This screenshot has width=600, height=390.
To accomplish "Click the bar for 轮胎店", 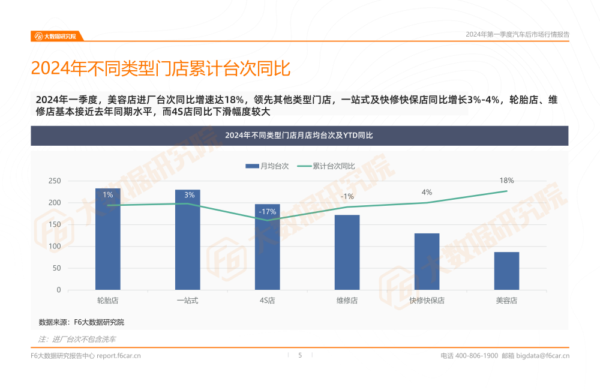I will click(x=107, y=240).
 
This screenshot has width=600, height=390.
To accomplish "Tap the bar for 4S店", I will click(x=267, y=247).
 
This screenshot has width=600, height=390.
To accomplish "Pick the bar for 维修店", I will click(x=347, y=252).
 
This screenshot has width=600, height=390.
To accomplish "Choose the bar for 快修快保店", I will click(x=427, y=262).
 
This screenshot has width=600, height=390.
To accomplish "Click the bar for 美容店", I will click(x=506, y=271).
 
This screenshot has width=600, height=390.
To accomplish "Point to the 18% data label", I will click(x=506, y=181).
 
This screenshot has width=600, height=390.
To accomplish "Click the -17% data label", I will click(x=267, y=212).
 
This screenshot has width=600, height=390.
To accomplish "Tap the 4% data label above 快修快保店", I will click(x=427, y=193).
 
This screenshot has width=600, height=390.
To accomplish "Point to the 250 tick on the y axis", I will click(x=55, y=181).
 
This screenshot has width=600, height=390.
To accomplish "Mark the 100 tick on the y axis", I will click(x=55, y=247).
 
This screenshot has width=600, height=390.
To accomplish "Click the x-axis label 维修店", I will click(x=347, y=301).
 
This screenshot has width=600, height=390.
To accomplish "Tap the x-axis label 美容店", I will click(x=506, y=301).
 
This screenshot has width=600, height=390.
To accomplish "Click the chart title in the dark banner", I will click(x=299, y=136).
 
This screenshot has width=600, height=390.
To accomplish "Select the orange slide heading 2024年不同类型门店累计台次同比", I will click(x=160, y=69).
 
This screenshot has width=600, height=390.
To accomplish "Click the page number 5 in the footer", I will click(x=300, y=355).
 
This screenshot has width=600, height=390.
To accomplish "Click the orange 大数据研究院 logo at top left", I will click(x=56, y=36).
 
